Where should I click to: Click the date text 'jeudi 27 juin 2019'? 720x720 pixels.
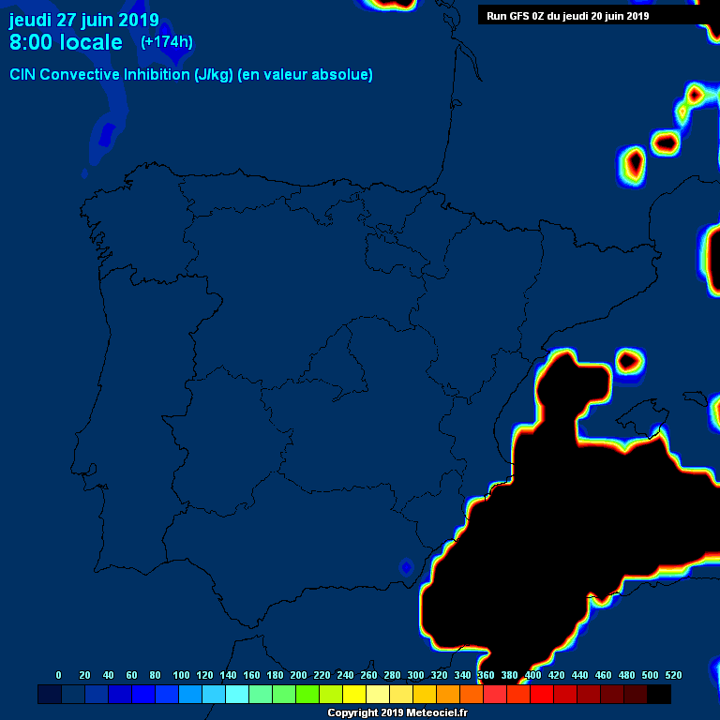tap(83, 21)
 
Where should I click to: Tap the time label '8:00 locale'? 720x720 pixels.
tap(66, 42)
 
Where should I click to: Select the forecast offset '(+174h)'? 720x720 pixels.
tap(167, 42)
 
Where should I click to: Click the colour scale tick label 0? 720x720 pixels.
tap(58, 675)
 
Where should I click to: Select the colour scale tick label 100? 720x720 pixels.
tap(181, 675)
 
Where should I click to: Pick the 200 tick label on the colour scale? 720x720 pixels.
tap(298, 675)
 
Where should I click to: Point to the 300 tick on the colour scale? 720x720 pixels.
tap(415, 675)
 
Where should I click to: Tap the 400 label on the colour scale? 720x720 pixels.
tap(532, 675)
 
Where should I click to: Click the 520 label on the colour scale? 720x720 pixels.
tap(673, 675)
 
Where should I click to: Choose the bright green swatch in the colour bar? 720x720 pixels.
tap(307, 695)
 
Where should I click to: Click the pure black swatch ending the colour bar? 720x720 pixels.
tap(659, 695)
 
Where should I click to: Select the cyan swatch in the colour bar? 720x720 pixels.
tap(237, 695)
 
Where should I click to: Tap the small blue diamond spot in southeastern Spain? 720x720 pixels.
tap(406, 567)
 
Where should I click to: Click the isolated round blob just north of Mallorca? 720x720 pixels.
tap(629, 360)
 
